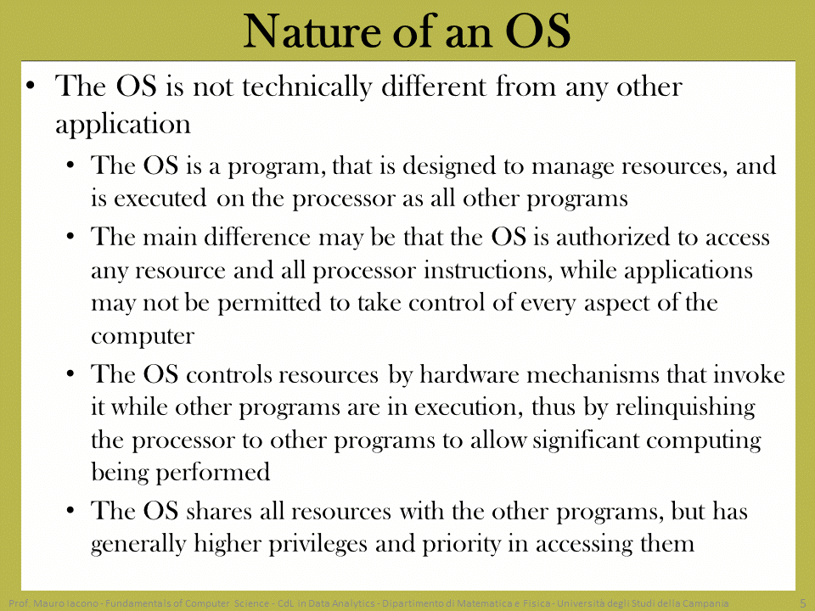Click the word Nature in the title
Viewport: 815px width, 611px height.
(313, 31)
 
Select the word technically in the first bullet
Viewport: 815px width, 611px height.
(307, 87)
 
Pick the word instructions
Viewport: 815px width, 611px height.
(487, 271)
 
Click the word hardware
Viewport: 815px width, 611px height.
(469, 374)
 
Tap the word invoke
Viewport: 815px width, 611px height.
(749, 374)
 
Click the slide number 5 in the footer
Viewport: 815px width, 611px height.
(803, 603)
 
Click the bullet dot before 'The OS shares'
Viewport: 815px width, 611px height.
(70, 511)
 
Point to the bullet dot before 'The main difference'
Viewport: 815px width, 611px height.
(70, 237)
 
